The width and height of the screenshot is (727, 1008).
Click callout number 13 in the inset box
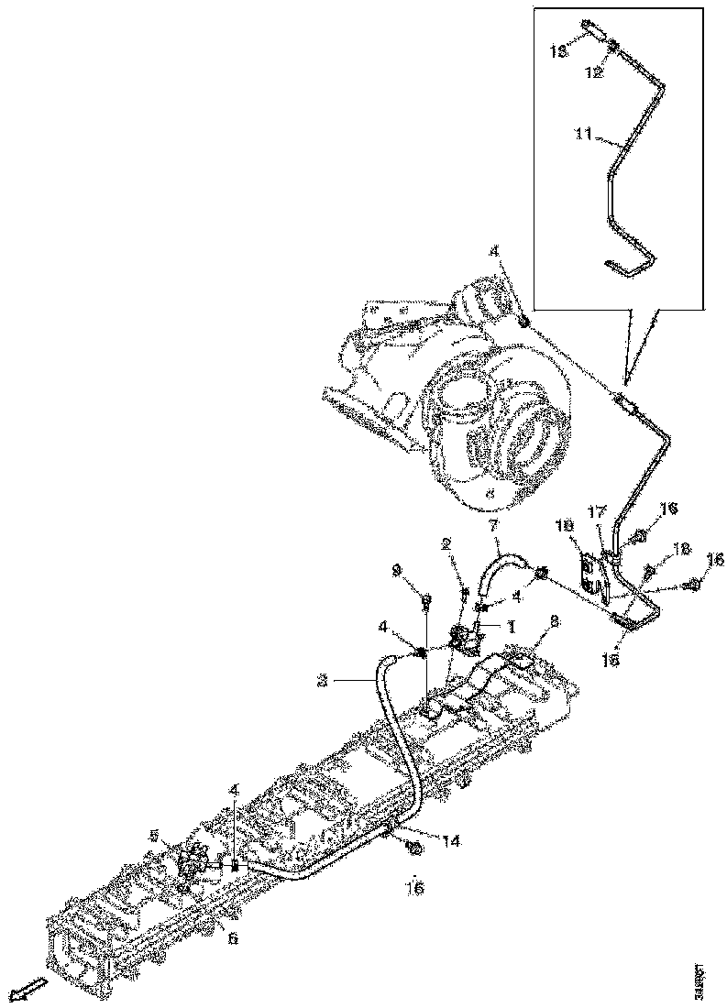[558, 53]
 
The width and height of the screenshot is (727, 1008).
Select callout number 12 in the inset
[594, 72]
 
